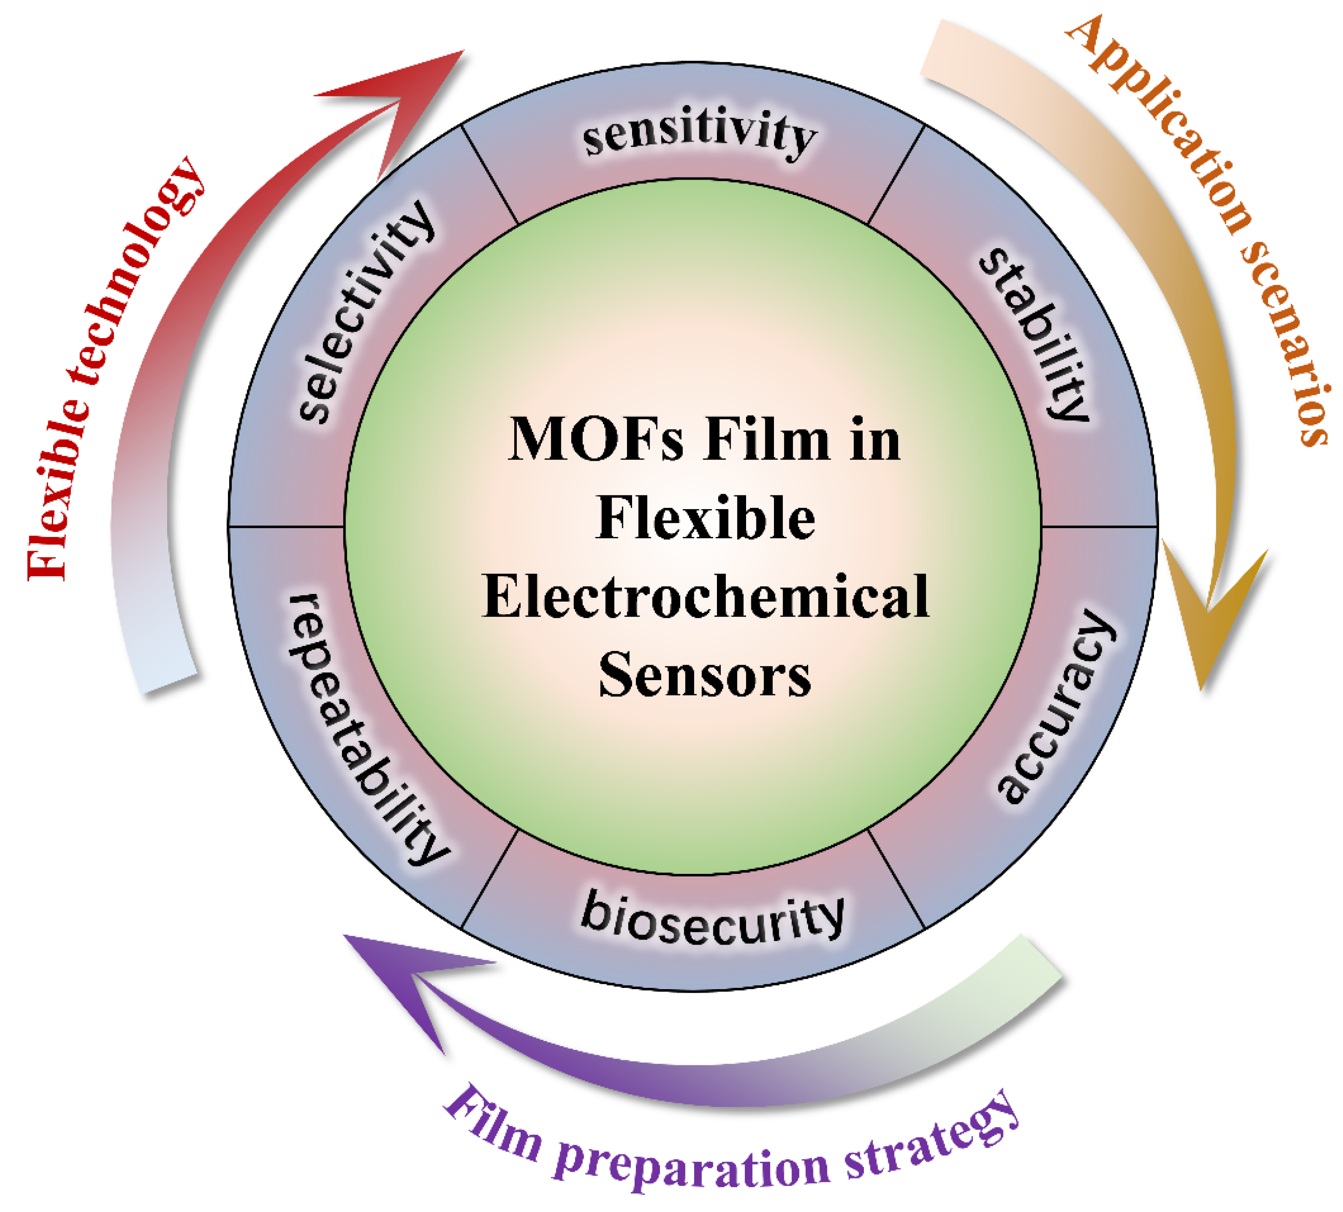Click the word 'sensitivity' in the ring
(699, 133)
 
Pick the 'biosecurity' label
(713, 919)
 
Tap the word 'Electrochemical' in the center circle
(705, 596)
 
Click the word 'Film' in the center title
(766, 440)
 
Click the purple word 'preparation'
(692, 1169)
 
